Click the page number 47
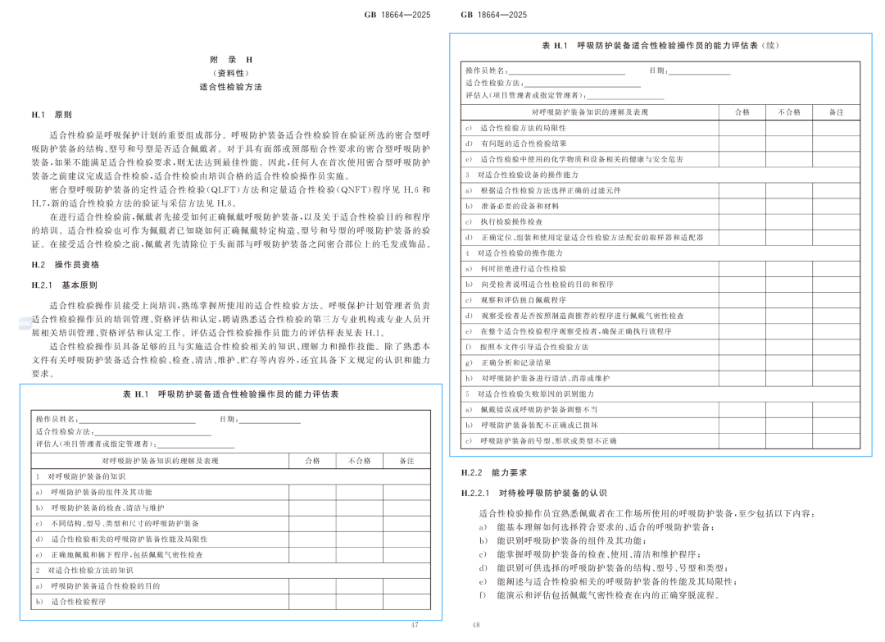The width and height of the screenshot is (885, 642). pyautogui.click(x=415, y=625)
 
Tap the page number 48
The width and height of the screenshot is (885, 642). pyautogui.click(x=475, y=625)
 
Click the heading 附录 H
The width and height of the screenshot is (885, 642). pyautogui.click(x=230, y=60)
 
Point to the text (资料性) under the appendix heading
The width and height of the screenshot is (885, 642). pyautogui.click(x=230, y=73)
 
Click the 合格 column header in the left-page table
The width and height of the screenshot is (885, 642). pyautogui.click(x=312, y=461)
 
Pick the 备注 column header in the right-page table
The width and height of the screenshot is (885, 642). pyautogui.click(x=836, y=112)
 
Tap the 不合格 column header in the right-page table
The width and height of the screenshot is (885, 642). pyautogui.click(x=788, y=112)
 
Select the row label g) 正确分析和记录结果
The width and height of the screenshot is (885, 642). pyautogui.click(x=509, y=362)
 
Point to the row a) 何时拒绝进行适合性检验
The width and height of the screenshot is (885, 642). pyautogui.click(x=516, y=269)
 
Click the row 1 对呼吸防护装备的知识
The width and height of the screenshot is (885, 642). pyautogui.click(x=81, y=476)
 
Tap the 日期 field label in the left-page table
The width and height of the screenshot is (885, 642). pyautogui.click(x=229, y=420)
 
